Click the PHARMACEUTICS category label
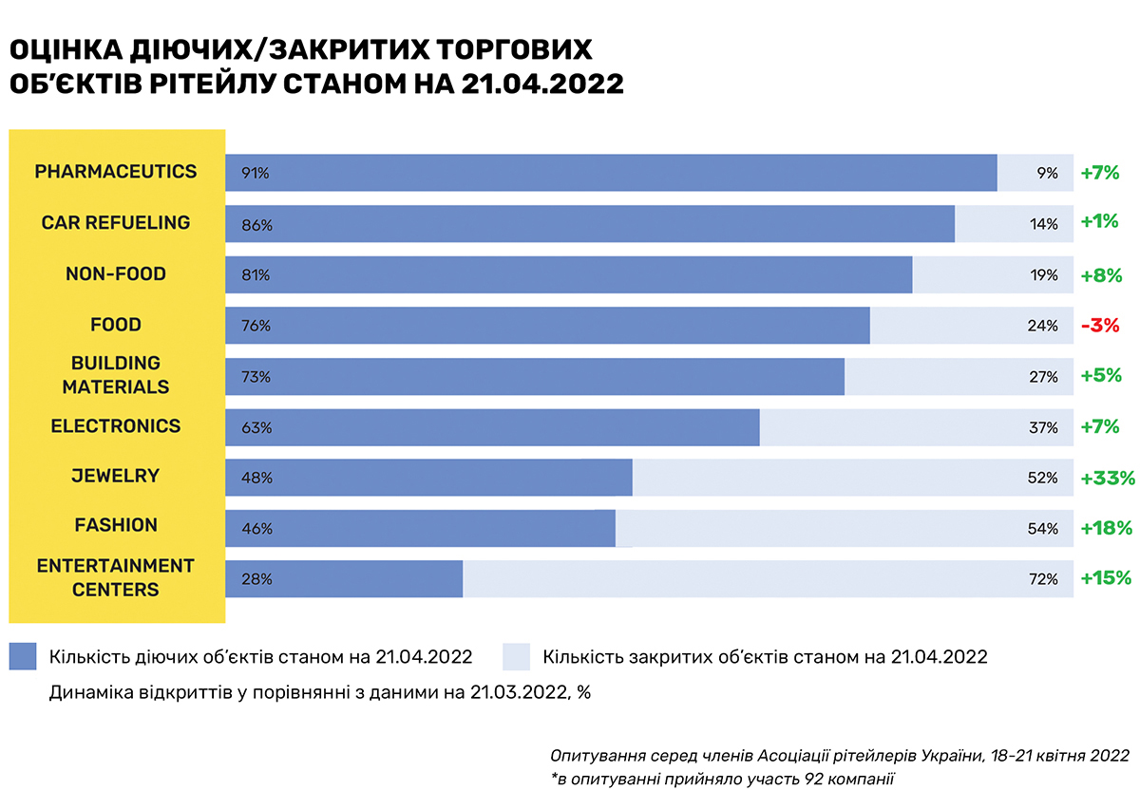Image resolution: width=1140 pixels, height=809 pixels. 116,172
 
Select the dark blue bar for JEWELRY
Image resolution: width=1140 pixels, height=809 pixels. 427,478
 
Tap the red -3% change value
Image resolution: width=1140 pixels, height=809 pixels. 1099,325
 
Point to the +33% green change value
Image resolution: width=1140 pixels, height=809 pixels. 1107,478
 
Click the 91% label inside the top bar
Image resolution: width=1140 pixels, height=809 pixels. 256,174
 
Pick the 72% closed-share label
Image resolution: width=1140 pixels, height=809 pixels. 1042,579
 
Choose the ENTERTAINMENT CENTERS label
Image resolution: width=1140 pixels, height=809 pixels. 116,577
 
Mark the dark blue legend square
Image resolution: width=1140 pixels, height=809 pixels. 23,657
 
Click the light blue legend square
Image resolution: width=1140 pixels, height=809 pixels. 515,657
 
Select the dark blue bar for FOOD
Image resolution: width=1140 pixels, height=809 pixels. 546,326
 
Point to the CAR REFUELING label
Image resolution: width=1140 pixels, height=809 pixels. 116,223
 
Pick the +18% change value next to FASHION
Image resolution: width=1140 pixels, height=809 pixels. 1107,528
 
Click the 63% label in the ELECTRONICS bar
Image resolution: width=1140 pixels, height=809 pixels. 256,427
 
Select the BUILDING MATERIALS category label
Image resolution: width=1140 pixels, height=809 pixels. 116,375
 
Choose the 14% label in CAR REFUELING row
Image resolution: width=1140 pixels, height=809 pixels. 1042,224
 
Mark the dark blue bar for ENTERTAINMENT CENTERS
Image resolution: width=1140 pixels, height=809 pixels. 344,579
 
